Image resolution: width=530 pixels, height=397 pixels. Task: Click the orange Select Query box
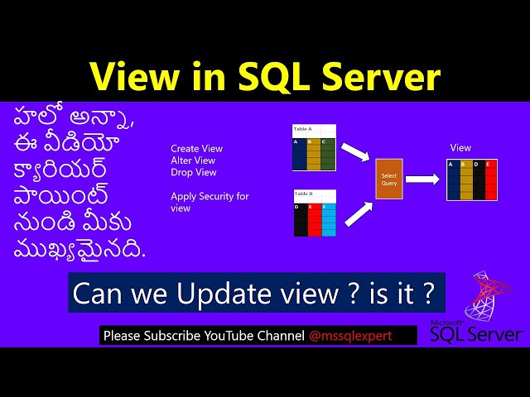coord(388,178)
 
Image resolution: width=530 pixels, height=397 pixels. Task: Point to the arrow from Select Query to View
coord(422,179)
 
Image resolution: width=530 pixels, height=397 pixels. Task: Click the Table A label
coord(303,130)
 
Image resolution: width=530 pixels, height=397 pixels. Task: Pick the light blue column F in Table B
coord(330,220)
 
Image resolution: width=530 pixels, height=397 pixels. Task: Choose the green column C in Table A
coord(328,155)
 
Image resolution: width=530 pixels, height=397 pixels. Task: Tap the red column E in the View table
coord(491,179)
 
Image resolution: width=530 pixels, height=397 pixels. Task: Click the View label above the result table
coord(460,147)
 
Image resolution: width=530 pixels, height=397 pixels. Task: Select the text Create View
coord(196,149)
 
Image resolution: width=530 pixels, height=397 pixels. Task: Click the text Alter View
coord(193,160)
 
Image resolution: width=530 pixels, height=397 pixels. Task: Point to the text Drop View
coord(193,172)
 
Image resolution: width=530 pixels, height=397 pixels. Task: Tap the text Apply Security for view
coord(210,202)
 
